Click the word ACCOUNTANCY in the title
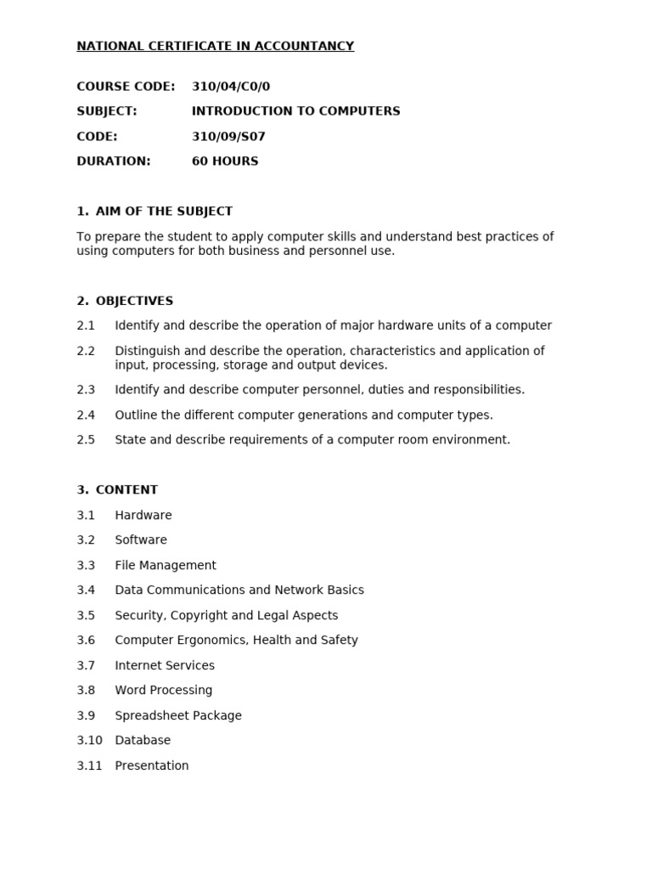click(x=310, y=46)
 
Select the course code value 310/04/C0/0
click(x=231, y=87)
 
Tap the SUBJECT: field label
click(x=107, y=111)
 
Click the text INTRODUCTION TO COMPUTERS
click(x=295, y=111)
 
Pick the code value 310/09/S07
click(x=228, y=137)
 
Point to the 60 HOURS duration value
click(x=225, y=161)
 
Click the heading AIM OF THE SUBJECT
click(x=164, y=212)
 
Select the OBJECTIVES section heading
click(x=134, y=301)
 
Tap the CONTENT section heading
click(x=126, y=490)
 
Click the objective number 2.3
click(x=86, y=390)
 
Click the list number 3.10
click(x=89, y=741)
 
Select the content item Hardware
click(x=143, y=516)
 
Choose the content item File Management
click(x=166, y=566)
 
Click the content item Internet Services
click(x=165, y=666)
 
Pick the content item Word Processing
click(x=164, y=691)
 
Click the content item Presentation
click(x=152, y=766)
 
